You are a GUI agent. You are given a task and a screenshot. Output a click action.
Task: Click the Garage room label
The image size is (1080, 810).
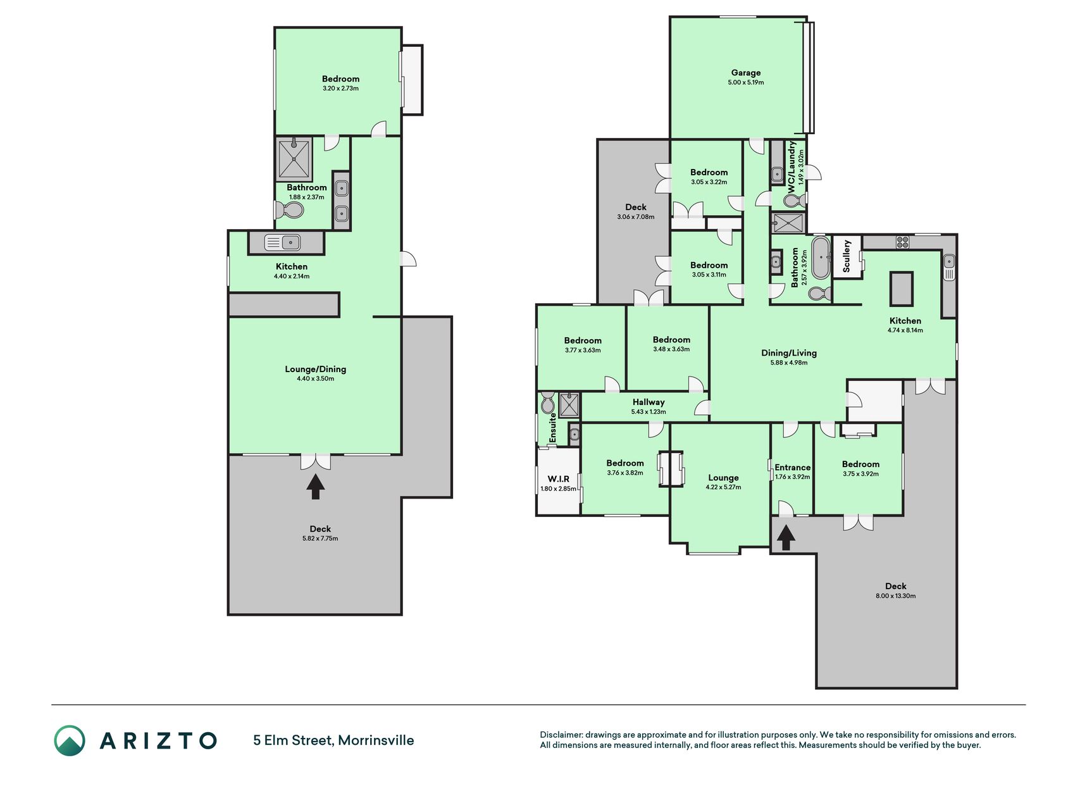746,73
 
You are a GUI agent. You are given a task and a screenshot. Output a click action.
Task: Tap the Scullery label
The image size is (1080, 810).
847,256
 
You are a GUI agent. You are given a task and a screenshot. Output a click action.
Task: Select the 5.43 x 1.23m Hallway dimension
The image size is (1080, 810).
649,412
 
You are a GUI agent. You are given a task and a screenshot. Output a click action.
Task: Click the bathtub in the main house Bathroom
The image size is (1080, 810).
821,258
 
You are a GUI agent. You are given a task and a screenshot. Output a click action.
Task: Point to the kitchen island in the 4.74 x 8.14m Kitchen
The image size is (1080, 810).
902,289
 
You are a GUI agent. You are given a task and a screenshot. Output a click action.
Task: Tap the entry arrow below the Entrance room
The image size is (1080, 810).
786,538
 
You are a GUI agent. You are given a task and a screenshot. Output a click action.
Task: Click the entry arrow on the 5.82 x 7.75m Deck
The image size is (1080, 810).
316,487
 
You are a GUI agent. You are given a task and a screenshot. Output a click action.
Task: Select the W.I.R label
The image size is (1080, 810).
558,479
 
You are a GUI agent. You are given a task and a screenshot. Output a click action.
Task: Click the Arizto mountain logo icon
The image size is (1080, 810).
70,740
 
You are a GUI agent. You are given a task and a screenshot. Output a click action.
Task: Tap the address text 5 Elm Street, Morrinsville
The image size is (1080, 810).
333,740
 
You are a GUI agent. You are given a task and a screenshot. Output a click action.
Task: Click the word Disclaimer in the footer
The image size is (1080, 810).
561,735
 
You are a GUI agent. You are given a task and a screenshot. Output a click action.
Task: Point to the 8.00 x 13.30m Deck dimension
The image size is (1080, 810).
895,596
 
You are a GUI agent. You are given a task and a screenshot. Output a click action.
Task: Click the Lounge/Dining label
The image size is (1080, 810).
315,369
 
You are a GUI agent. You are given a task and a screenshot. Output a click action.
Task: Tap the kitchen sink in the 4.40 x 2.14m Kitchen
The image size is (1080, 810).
282,242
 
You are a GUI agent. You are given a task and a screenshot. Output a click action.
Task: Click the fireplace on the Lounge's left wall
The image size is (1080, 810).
671,468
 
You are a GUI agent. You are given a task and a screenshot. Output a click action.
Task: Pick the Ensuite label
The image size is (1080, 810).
552,428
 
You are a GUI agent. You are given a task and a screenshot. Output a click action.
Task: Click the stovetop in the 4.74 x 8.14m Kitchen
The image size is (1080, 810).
902,241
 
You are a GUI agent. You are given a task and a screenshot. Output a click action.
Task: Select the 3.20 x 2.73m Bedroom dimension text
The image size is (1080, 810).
340,89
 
